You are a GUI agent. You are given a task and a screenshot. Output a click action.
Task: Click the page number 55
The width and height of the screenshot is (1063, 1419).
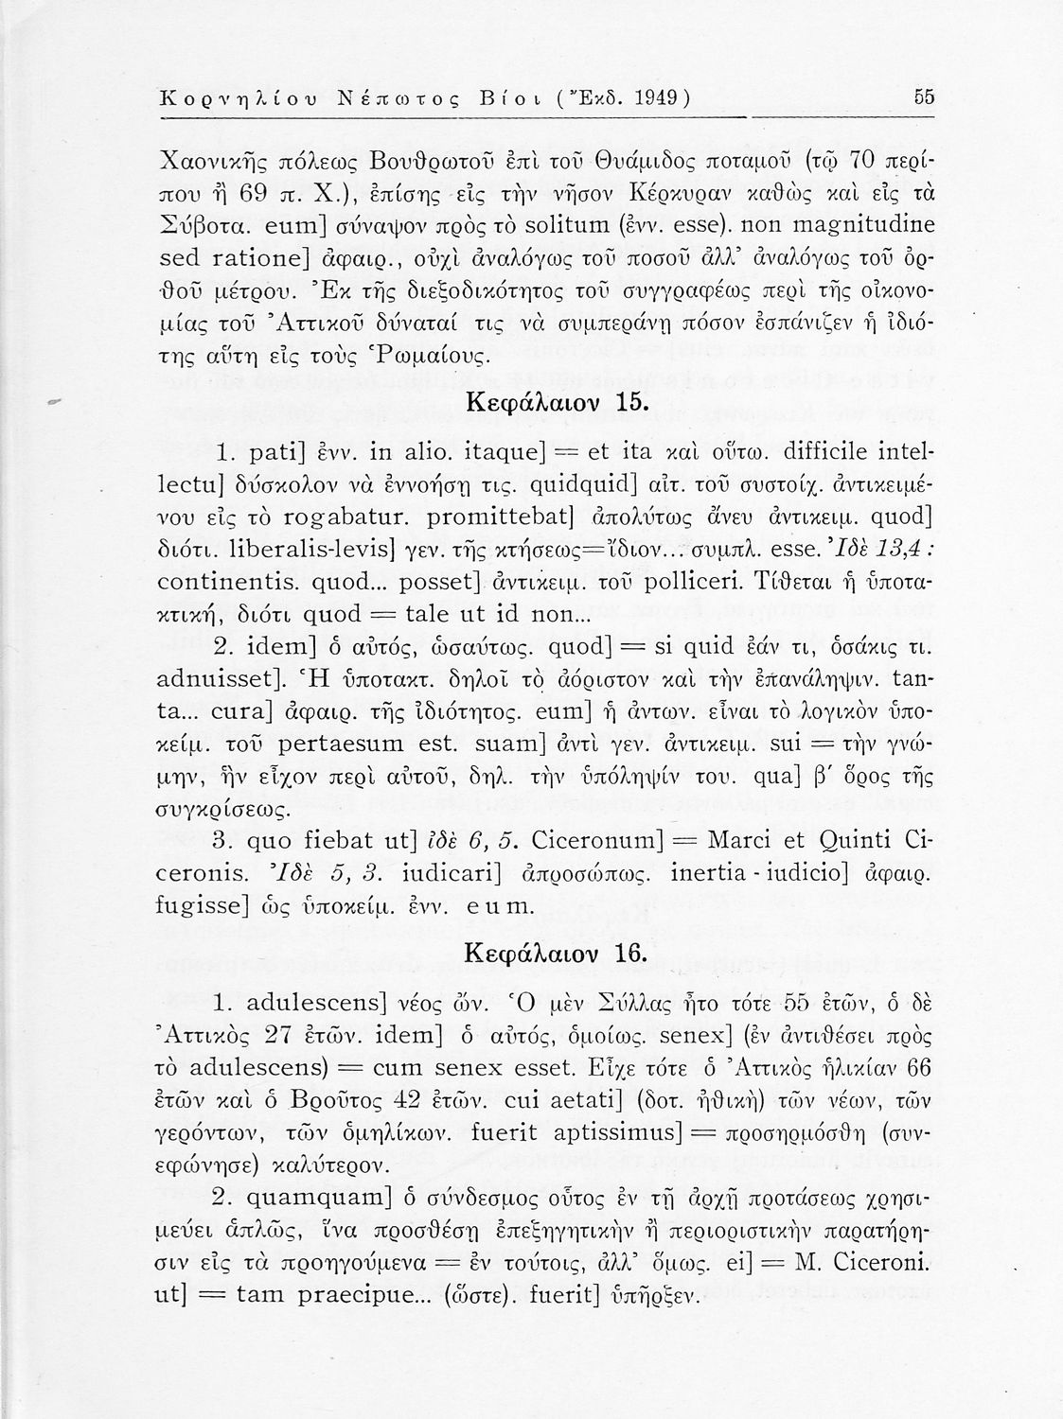coord(924,97)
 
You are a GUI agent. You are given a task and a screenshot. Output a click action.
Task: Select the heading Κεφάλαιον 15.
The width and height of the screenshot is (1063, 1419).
coord(558,401)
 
